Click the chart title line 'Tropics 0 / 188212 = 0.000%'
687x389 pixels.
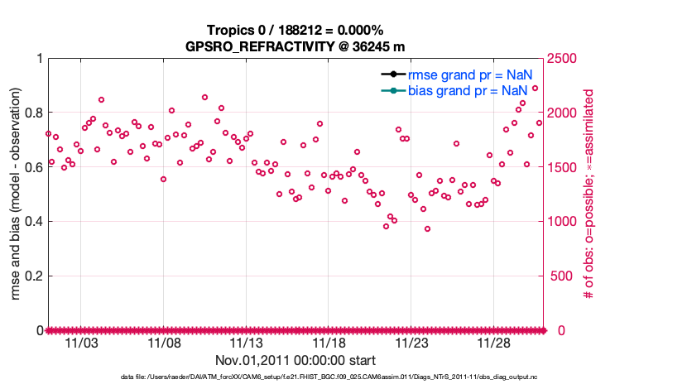[x=295, y=30]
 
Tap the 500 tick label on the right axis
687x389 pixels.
[x=562, y=276]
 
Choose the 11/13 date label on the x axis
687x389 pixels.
[x=246, y=343]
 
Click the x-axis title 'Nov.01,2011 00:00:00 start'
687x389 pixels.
[x=295, y=360]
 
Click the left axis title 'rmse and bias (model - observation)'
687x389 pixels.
[x=16, y=194]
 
